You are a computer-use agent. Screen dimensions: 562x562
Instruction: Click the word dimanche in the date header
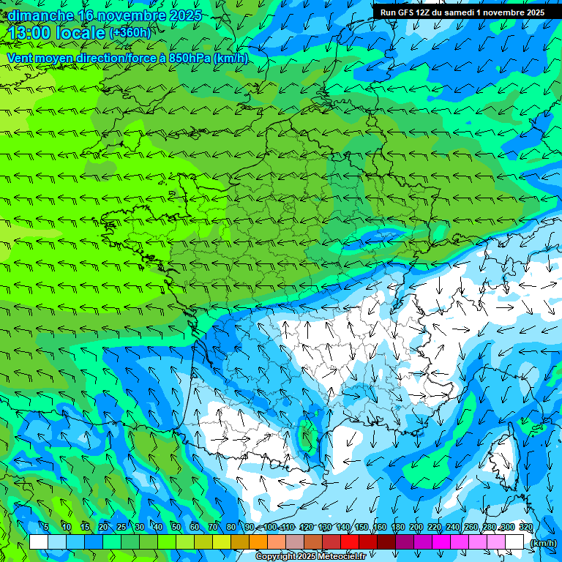[x=40, y=15]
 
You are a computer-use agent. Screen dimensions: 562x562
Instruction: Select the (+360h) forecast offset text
[x=130, y=33]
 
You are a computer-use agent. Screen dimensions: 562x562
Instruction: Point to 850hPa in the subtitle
[x=191, y=58]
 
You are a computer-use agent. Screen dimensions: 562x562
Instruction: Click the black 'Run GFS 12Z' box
[x=462, y=12]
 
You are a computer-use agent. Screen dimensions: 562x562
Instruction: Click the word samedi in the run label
[x=459, y=12]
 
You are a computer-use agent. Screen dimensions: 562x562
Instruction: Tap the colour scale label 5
[x=46, y=527]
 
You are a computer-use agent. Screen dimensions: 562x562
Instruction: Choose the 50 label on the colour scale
[x=176, y=527]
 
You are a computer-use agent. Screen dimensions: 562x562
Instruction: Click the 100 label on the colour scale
[x=270, y=527]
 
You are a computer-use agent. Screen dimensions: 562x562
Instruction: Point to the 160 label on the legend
[x=380, y=527]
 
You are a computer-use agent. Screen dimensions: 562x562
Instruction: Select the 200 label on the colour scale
[x=416, y=527]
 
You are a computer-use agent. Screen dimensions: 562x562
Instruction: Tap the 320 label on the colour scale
[x=525, y=527]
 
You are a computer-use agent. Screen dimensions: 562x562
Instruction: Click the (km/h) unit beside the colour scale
[x=542, y=542]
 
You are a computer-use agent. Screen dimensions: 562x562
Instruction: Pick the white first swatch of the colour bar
[x=39, y=542]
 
